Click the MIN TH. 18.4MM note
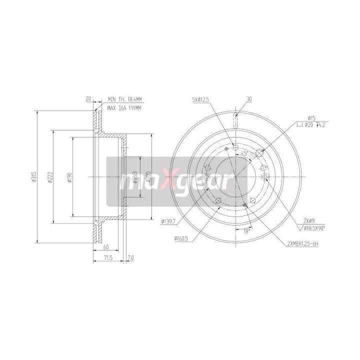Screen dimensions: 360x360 tap(124, 100)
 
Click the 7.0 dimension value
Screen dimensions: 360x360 tap(131, 258)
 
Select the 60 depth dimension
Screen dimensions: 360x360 tap(106, 247)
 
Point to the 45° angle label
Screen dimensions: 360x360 tap(244, 153)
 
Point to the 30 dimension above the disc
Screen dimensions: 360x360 tap(248, 99)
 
